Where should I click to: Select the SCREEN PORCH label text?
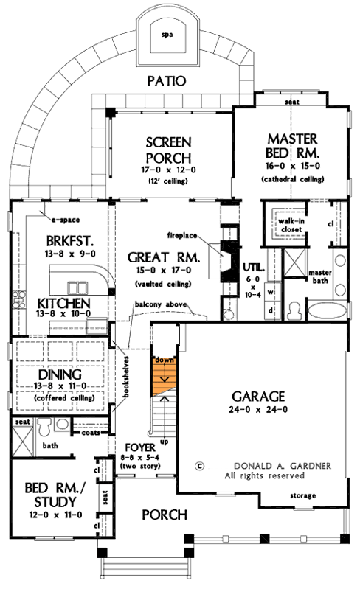pyautogui.click(x=169, y=150)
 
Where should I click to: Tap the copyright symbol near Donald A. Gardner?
pyautogui.click(x=199, y=466)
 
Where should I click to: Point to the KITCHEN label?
pyautogui.click(x=61, y=303)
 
